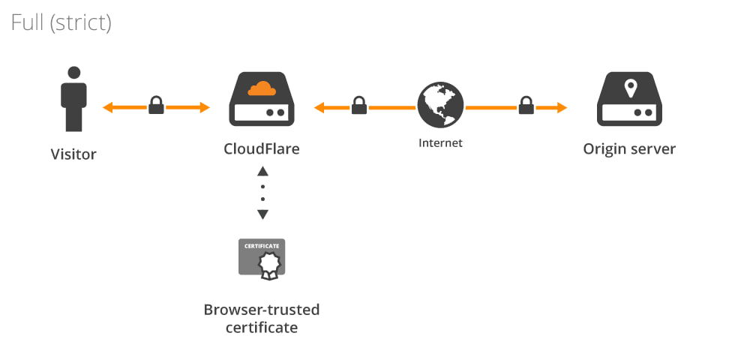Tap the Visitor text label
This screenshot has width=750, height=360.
(x=73, y=155)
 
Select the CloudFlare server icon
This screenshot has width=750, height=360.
(x=262, y=99)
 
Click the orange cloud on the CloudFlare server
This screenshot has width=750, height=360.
(x=262, y=89)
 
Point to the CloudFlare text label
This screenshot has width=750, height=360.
(x=262, y=148)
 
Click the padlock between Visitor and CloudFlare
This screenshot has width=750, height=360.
(x=156, y=105)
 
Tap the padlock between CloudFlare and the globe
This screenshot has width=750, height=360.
(x=359, y=105)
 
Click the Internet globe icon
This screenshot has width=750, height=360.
(x=440, y=105)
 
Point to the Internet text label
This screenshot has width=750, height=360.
(x=440, y=142)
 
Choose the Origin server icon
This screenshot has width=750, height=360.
(x=629, y=99)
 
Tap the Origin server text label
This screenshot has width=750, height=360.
(x=629, y=148)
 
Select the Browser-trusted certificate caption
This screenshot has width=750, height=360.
(x=262, y=318)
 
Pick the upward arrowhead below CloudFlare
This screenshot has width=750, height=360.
(x=262, y=172)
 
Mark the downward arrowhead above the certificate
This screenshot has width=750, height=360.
(x=262, y=214)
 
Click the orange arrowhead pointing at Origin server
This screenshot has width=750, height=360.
(x=562, y=108)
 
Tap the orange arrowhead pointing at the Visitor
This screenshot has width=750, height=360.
(x=107, y=108)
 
